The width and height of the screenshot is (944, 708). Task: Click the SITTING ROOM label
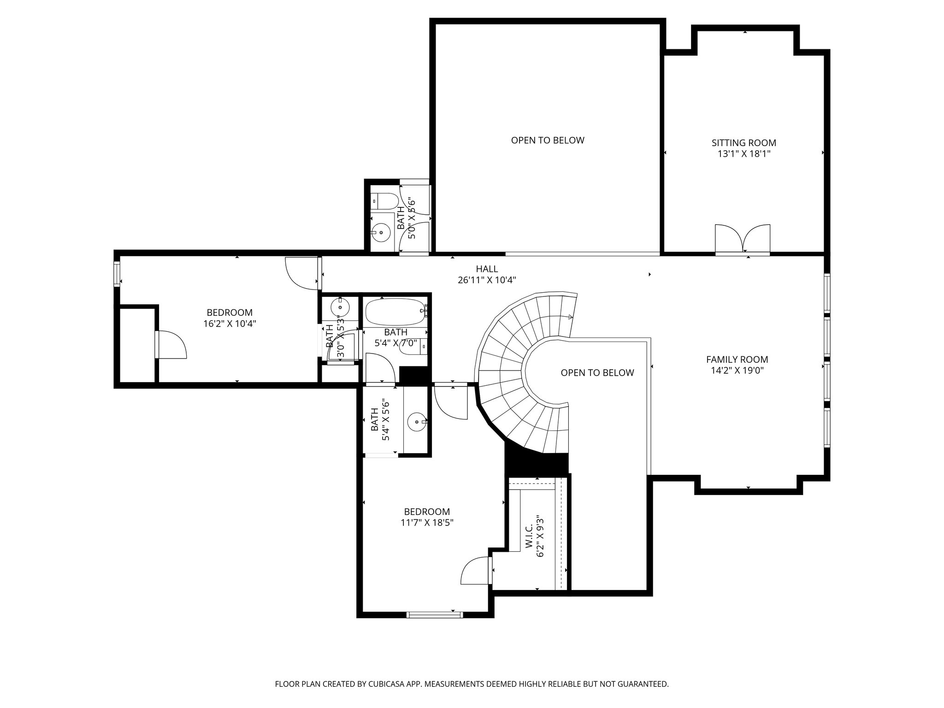743,143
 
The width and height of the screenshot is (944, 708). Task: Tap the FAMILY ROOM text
737,360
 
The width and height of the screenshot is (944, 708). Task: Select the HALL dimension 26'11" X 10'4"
487,280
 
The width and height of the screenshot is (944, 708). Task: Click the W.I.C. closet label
529,536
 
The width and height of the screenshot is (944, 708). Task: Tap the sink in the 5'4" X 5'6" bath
418,421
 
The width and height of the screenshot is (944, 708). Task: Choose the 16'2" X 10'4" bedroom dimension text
230,324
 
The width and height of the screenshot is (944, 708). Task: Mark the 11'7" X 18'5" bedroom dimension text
427,523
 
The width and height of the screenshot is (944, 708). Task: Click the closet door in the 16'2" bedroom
171,345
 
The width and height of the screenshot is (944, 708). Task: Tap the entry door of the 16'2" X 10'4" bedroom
302,274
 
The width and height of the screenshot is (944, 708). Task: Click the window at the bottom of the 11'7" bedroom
435,614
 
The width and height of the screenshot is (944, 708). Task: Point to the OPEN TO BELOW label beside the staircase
597,372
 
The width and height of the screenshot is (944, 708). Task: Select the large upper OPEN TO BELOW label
548,140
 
